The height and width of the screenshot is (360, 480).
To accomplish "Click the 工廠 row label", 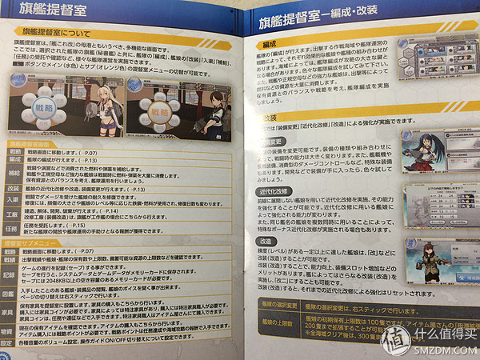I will click(12, 215).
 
